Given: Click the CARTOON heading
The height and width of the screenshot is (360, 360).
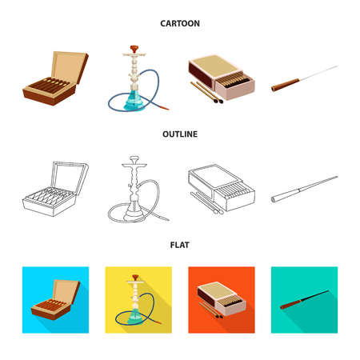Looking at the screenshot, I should point(180,23).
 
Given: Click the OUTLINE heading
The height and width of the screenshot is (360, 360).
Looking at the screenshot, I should point(180,134).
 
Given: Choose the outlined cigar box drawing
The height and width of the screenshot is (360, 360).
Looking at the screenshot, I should point(52,192).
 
